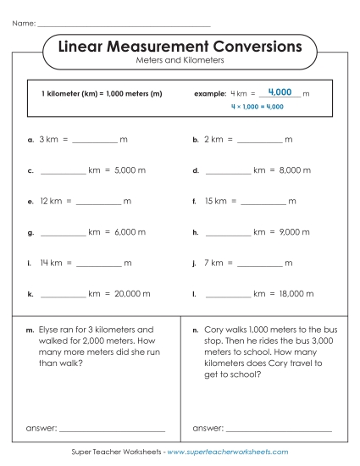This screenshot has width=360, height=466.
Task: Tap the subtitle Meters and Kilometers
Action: click(179, 62)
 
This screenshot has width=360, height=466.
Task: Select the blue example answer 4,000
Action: click(279, 92)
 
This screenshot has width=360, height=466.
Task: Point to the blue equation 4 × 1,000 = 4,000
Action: click(257, 107)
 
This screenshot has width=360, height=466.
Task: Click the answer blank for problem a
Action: click(97, 140)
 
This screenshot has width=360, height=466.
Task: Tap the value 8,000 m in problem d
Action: click(294, 170)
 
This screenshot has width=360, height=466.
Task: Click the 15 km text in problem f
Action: click(215, 202)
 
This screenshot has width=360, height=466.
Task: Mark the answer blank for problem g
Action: click(63, 232)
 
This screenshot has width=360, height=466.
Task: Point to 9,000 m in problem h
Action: click(294, 232)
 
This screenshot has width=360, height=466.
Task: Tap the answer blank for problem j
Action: click(258, 264)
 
